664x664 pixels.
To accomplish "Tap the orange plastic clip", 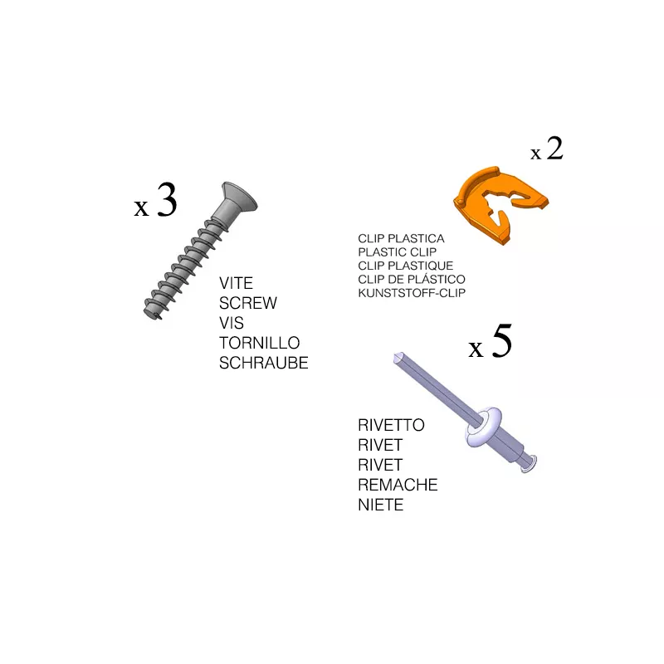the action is [x=500, y=204].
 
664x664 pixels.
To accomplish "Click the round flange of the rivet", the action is [x=483, y=427].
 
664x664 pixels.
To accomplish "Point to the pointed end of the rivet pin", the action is [x=398, y=358].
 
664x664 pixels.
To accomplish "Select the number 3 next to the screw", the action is [x=167, y=200].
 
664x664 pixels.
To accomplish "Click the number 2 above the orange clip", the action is [x=554, y=149].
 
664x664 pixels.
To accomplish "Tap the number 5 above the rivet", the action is [x=502, y=340].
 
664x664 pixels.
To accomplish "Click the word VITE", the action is [x=236, y=283].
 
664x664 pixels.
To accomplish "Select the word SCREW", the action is [x=248, y=303].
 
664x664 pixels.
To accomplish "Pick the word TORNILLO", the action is [x=259, y=343].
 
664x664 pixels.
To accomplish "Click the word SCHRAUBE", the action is [x=263, y=363].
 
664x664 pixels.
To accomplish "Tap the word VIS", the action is [x=232, y=323].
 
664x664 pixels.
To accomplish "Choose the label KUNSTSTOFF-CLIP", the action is [x=412, y=293].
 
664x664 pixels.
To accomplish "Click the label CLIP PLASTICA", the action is [x=401, y=238].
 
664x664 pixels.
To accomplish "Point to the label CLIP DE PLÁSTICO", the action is [x=412, y=279].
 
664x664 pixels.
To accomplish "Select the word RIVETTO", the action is [x=391, y=425].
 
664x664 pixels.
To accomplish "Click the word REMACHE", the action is [x=398, y=485].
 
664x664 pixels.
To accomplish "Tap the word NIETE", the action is [x=381, y=505].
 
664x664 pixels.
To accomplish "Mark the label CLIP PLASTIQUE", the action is [x=405, y=266].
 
